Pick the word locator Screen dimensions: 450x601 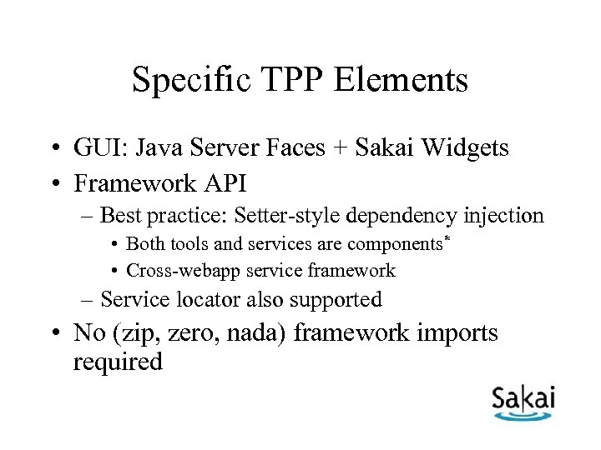tap(220, 298)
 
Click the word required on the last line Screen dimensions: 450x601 tap(118, 362)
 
